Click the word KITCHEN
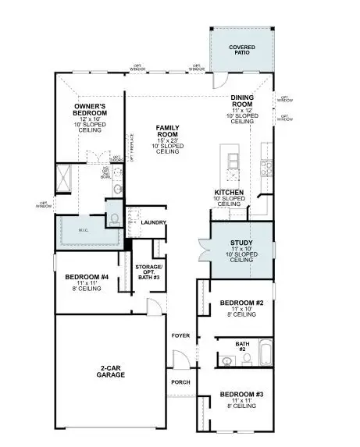(x=230, y=192)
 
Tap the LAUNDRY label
(x=152, y=222)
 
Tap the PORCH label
(x=180, y=381)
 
